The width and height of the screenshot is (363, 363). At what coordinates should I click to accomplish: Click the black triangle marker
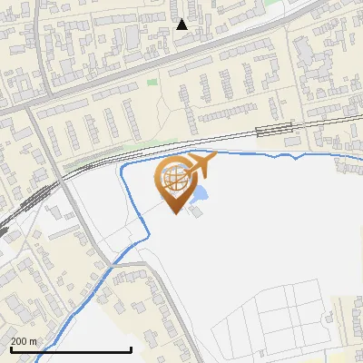tap(182, 25)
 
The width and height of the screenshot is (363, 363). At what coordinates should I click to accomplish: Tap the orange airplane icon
tap(198, 166)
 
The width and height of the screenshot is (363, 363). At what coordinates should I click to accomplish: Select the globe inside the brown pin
tap(175, 180)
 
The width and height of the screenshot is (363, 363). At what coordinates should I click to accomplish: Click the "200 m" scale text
tap(25, 341)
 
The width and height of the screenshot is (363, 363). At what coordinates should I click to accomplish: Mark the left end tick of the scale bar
tap(10, 348)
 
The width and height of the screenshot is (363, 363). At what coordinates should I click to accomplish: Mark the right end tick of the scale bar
tap(132, 348)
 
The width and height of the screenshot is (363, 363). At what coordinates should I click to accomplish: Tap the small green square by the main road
tap(152, 83)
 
